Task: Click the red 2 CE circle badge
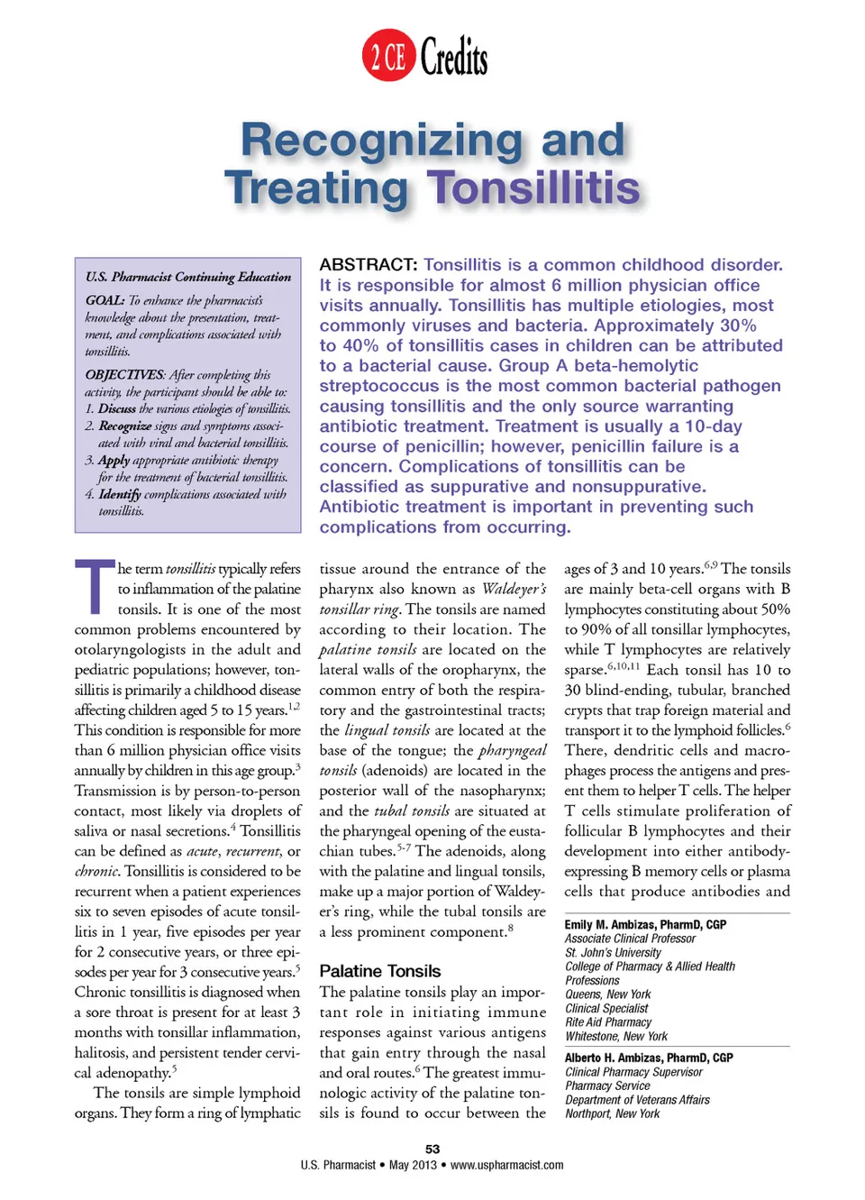(x=388, y=56)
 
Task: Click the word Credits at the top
(x=454, y=57)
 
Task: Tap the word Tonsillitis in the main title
(x=533, y=188)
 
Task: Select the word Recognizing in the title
(x=381, y=140)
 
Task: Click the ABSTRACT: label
(x=369, y=265)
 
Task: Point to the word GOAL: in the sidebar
(x=105, y=300)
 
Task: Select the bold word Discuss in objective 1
(x=117, y=409)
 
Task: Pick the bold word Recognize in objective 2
(x=125, y=426)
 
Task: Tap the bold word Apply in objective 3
(x=114, y=461)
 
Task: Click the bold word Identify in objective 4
(x=120, y=495)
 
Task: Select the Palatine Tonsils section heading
(x=380, y=971)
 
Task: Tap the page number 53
(x=432, y=1150)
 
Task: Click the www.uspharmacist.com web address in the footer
(x=507, y=1166)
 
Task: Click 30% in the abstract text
(x=738, y=325)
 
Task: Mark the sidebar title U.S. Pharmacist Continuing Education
(x=188, y=277)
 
